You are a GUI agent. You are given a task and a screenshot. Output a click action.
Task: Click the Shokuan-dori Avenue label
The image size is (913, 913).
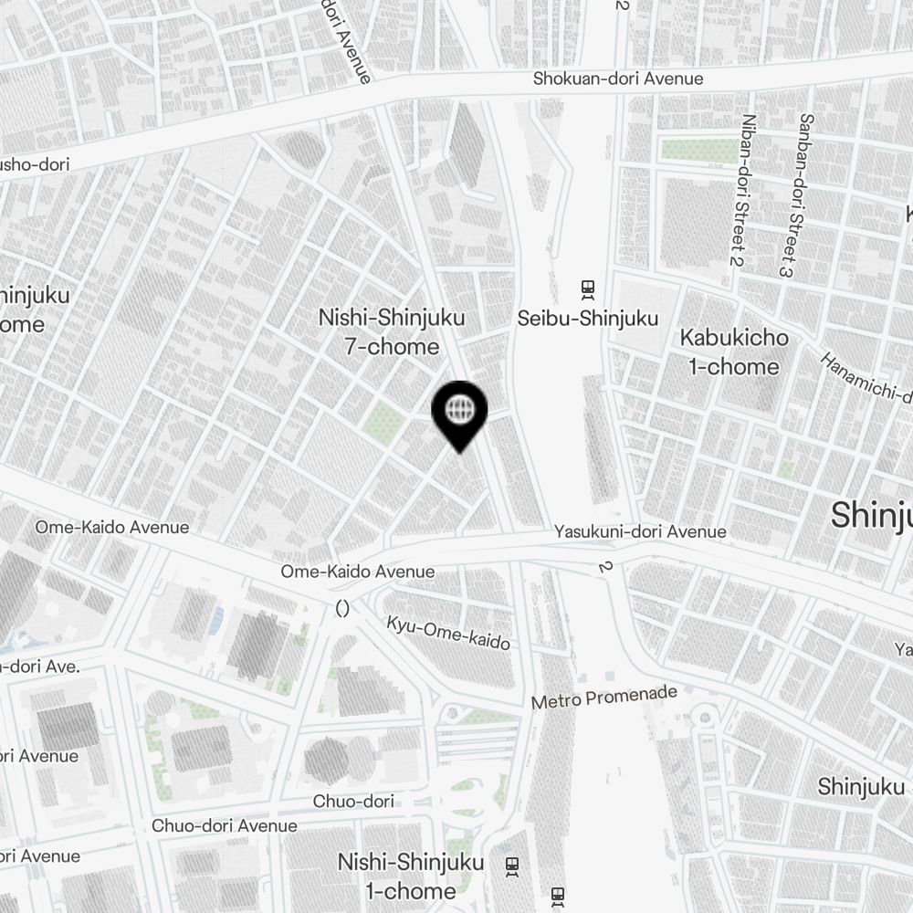click(x=618, y=79)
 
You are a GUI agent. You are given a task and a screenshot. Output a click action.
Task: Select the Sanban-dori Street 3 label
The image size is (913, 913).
click(x=793, y=194)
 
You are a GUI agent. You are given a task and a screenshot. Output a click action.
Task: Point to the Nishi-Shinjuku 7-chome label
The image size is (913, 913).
click(x=392, y=331)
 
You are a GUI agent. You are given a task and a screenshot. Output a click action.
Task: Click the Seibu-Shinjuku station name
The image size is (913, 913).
click(x=587, y=319)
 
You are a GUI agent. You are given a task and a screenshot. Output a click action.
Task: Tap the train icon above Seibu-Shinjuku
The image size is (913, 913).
click(x=587, y=289)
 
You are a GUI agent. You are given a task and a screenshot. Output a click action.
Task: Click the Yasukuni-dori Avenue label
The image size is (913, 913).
click(x=640, y=531)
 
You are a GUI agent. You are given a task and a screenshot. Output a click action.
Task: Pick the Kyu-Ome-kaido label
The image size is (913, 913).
click(x=448, y=633)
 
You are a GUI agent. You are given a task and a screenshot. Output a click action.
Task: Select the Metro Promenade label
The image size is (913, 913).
click(x=604, y=698)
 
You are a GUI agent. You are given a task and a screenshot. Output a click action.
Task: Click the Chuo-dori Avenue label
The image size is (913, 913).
click(x=224, y=825)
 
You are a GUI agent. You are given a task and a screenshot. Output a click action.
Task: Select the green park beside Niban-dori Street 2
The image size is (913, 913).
click(x=698, y=151)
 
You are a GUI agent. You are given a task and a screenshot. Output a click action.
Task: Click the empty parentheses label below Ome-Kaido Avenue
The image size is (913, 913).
click(x=343, y=607)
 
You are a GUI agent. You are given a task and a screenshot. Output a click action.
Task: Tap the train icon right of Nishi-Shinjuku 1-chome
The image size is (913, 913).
click(x=512, y=864)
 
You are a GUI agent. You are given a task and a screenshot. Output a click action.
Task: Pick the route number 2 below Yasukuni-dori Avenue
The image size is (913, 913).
click(x=603, y=566)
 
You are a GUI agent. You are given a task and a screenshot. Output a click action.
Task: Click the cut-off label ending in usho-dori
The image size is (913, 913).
click(x=35, y=165)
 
